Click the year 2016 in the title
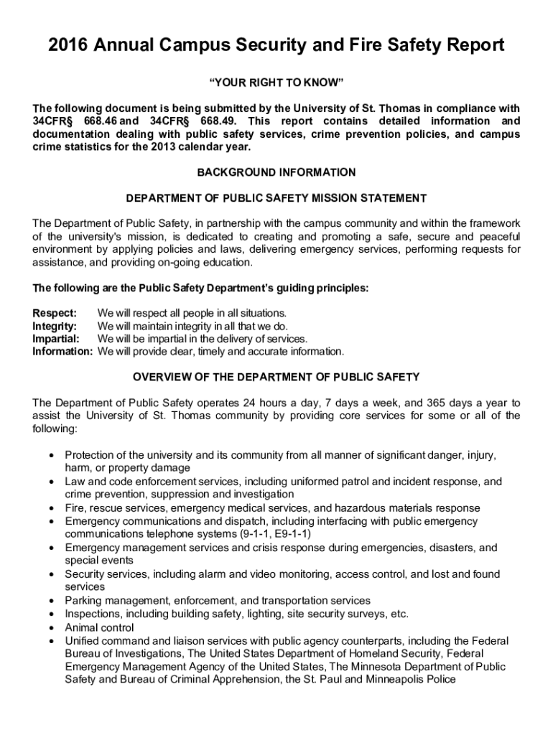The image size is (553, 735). point(70,46)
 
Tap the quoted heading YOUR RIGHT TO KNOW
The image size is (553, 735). point(276,83)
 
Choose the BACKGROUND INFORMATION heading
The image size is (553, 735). point(276,172)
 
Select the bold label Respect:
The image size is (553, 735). point(55,313)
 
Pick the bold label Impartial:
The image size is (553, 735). point(57,339)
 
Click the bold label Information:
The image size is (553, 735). point(63,352)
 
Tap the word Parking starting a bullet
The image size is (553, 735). point(84,600)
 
